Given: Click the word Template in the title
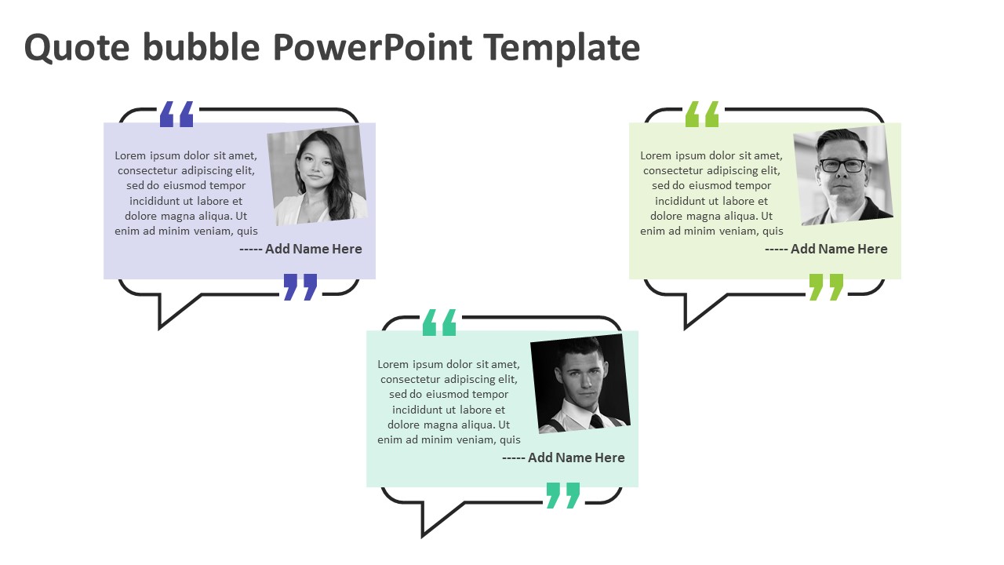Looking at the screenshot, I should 562,47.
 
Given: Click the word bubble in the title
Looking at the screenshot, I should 201,47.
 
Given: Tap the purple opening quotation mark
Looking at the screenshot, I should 176,115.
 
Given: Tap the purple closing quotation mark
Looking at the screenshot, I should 300,286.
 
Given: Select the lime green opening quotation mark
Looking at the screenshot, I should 702,115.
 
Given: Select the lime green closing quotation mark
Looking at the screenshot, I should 826,286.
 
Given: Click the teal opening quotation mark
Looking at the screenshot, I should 439,323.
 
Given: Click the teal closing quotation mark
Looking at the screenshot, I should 562,494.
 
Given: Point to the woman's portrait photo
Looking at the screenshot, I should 318,176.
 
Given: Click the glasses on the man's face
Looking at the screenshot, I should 842,166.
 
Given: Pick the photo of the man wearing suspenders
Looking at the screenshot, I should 581,384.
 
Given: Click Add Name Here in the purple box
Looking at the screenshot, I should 313,249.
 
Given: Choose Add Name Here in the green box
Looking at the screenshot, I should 838,249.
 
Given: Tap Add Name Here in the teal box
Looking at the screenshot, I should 576,457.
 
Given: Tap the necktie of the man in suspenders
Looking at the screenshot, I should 596,421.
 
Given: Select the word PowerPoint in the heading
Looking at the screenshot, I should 373,47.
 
